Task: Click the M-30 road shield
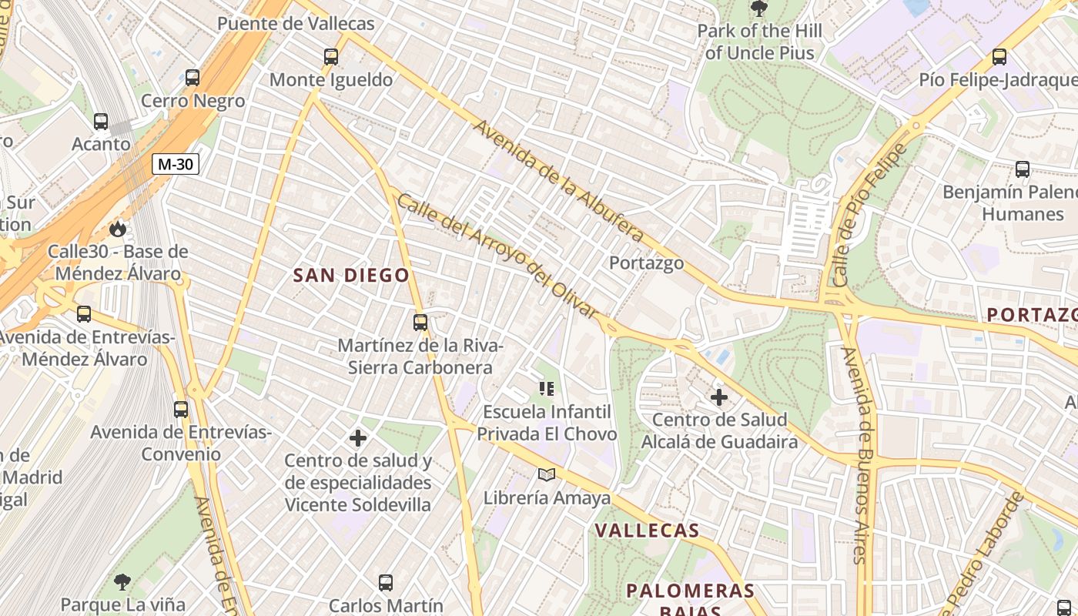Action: pos(176,164)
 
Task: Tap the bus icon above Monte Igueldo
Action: pos(331,56)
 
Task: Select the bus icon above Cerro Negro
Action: pos(192,78)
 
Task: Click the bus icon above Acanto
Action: pos(101,121)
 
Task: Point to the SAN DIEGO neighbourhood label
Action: pos(351,275)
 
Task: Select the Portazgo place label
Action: pos(646,263)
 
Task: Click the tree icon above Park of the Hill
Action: pos(758,8)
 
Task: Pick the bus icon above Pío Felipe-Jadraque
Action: pos(999,56)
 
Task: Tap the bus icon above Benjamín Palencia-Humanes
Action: pos(1023,169)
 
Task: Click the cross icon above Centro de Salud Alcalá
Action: pos(719,397)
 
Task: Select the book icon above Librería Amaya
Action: pos(547,475)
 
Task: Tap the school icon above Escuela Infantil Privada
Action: pos(547,389)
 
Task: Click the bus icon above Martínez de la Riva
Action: pos(420,322)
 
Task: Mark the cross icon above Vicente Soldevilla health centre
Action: pos(358,438)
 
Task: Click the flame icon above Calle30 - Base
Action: pos(117,229)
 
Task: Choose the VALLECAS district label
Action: pos(647,531)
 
